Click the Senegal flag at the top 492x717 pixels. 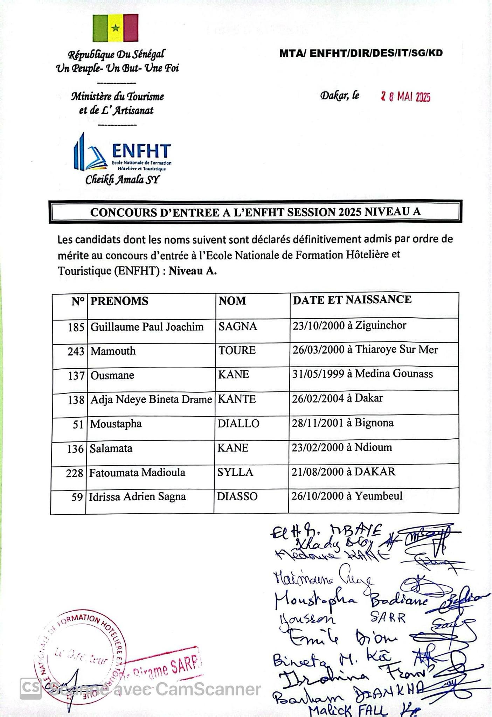115,28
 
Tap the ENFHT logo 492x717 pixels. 122,153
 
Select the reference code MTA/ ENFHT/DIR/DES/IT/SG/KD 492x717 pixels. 361,53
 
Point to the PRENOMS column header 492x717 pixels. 119,301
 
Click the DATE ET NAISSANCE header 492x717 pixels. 352,300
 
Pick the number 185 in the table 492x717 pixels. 76,327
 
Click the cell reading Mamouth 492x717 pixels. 113,351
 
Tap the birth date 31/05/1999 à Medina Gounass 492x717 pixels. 362,374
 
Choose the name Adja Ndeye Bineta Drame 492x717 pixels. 151,399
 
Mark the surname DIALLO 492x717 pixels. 238,424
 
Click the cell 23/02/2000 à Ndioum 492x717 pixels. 341,447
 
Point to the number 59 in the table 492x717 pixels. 77,497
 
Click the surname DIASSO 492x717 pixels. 237,496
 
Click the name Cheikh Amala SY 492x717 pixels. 122,180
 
